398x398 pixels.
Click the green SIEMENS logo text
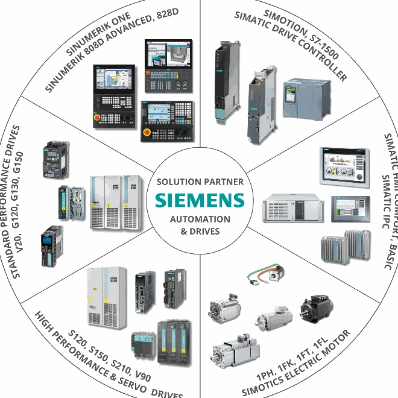(200, 200)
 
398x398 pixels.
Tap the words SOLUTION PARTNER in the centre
(200, 181)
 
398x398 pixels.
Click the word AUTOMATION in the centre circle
(200, 219)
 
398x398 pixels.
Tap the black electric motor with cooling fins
(316, 308)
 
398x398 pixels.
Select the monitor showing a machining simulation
(168, 60)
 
